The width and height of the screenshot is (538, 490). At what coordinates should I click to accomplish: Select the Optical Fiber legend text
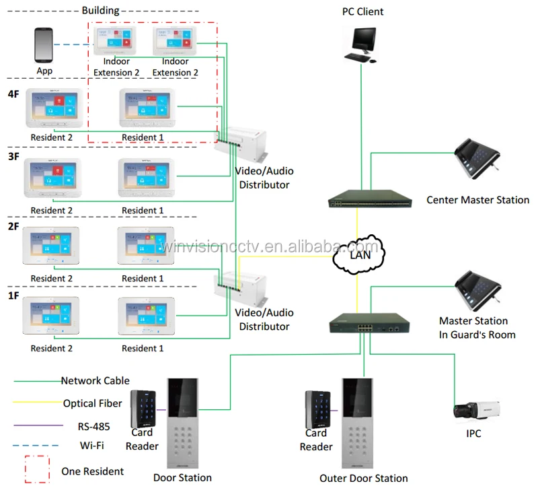coord(93,404)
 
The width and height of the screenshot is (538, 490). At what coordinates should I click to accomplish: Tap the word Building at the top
coord(100,11)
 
